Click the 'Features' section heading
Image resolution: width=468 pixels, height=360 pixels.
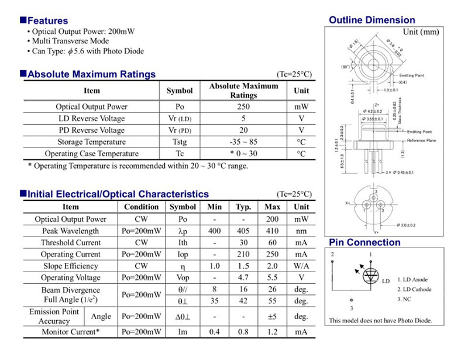click(x=47, y=21)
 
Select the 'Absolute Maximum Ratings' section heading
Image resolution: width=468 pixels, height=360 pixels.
click(x=91, y=74)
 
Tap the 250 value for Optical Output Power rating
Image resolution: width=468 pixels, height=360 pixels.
click(x=243, y=107)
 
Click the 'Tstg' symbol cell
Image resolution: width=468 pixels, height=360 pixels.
click(x=179, y=142)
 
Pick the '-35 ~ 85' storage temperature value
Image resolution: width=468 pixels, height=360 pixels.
click(x=243, y=142)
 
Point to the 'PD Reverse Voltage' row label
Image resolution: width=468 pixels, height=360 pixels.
click(x=91, y=131)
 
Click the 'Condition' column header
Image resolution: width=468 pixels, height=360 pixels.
click(x=141, y=207)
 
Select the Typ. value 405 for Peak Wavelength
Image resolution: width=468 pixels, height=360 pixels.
click(x=243, y=231)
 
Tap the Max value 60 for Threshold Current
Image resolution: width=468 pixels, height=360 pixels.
click(x=273, y=242)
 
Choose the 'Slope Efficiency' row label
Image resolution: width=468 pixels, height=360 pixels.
click(x=71, y=266)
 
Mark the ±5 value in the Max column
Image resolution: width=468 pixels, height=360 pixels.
click(x=273, y=316)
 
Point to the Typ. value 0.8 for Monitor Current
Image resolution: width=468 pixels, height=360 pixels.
click(x=243, y=332)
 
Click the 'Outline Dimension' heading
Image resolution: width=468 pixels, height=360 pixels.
click(x=372, y=20)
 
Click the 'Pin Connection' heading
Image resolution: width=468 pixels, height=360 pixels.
click(x=364, y=243)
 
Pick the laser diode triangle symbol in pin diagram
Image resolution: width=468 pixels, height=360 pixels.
click(x=370, y=275)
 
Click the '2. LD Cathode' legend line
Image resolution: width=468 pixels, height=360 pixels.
click(x=414, y=290)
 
